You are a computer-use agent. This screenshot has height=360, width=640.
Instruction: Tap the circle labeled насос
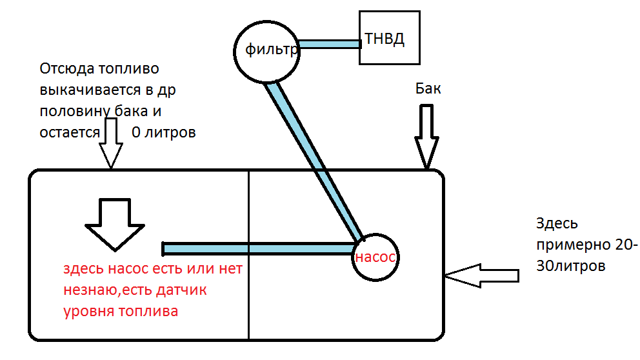coord(374,257)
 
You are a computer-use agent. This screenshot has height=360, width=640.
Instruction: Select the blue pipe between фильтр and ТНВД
coord(329,45)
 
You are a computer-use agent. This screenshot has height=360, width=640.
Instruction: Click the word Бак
coord(428,89)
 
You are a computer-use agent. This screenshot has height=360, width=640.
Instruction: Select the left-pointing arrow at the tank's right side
coord(481,275)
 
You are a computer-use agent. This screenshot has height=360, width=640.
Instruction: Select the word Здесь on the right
coord(556,224)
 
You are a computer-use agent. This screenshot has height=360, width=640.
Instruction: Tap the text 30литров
coord(571,266)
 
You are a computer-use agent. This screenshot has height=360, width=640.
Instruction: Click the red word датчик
coord(183,290)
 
